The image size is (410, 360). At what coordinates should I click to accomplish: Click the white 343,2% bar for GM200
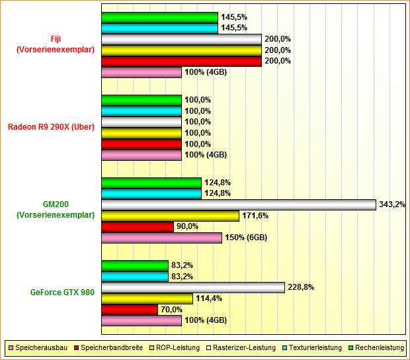click(238, 204)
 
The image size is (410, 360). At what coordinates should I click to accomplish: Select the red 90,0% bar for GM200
click(137, 226)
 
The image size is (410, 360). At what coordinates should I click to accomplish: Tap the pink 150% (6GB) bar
click(161, 238)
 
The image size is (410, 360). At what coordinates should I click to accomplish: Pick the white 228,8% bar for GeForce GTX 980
click(192, 287)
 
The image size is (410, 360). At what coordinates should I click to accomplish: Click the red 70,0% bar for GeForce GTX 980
click(130, 309)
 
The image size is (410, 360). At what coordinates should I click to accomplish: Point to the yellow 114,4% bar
click(147, 298)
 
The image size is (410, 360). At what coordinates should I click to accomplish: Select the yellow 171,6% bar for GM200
click(170, 216)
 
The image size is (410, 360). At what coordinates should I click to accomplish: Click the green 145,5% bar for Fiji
click(159, 17)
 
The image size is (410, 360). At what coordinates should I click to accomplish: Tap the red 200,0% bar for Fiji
click(181, 61)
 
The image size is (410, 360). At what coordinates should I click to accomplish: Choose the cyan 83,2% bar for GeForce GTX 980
click(135, 276)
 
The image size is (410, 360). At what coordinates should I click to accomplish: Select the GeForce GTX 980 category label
click(62, 292)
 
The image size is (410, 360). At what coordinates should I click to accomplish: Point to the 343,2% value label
click(391, 204)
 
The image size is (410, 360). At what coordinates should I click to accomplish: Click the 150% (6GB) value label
click(246, 238)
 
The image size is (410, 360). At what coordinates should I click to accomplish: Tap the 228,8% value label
click(300, 287)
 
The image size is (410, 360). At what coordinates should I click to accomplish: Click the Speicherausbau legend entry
click(37, 347)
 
